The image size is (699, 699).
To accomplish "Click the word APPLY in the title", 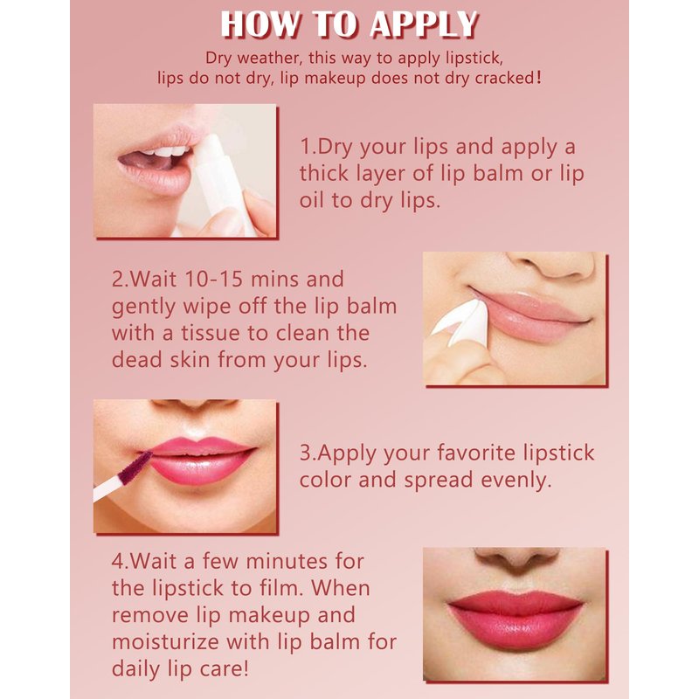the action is pyautogui.click(x=424, y=24).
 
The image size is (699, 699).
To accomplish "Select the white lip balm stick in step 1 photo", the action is pyautogui.click(x=218, y=183).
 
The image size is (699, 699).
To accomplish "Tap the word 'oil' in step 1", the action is pyautogui.click(x=312, y=200).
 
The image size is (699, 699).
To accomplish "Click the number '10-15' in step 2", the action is pyautogui.click(x=214, y=279).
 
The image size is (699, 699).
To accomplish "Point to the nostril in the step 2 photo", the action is pyautogui.click(x=566, y=269).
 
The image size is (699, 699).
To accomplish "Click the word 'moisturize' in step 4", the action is pyautogui.click(x=165, y=642).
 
